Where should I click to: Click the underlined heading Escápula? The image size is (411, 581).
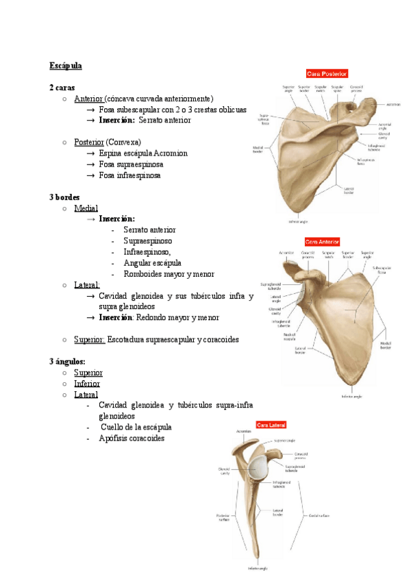65,66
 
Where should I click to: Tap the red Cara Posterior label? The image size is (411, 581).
327,73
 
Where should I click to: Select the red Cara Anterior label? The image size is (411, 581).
322,242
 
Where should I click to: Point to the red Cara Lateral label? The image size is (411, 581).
271,425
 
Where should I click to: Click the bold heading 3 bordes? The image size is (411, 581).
64,197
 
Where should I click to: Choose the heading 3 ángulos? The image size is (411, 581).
66,361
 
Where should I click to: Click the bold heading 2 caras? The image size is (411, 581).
62,88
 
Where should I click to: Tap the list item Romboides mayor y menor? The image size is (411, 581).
169,274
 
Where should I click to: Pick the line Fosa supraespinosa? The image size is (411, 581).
131,164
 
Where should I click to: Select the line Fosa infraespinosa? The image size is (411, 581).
129,175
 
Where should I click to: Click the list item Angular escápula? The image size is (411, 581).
152,263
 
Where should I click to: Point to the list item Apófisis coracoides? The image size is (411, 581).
132,438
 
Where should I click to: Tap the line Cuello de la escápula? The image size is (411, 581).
135,428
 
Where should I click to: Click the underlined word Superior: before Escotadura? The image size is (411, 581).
89,339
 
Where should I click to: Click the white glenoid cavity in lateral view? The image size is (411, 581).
260,467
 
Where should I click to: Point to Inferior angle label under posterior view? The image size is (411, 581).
299,221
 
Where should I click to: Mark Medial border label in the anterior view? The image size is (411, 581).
386,346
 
